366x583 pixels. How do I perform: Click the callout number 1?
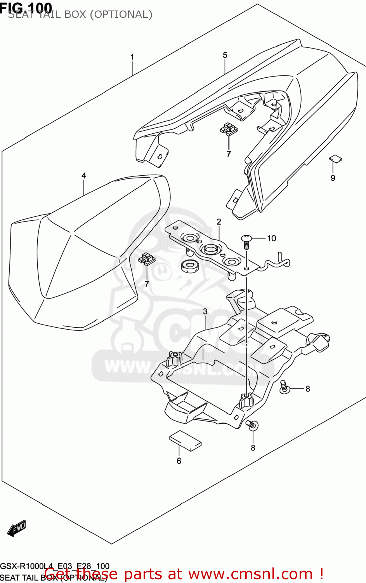pyautogui.click(x=132, y=57)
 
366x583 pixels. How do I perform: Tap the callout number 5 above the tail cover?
pyautogui.click(x=225, y=55)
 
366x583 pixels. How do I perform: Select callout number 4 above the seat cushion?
pyautogui.click(x=84, y=176)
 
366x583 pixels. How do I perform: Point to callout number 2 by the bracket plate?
pyautogui.click(x=219, y=222)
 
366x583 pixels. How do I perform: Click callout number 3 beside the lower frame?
pyautogui.click(x=205, y=311)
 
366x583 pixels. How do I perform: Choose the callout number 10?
pyautogui.click(x=272, y=238)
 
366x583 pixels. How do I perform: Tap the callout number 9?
pyautogui.click(x=333, y=178)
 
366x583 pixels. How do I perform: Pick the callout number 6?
pyautogui.click(x=179, y=461)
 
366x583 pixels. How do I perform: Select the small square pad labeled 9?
pyautogui.click(x=336, y=158)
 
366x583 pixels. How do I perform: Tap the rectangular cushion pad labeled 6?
pyautogui.click(x=186, y=440)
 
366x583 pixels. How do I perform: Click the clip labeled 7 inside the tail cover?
pyautogui.click(x=229, y=129)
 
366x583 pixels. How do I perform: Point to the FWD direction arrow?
pyautogui.click(x=17, y=528)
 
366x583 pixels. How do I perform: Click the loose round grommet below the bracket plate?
pyautogui.click(x=190, y=265)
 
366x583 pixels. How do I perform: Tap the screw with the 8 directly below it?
pyautogui.click(x=252, y=425)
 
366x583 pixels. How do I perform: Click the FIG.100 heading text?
pyautogui.click(x=26, y=7)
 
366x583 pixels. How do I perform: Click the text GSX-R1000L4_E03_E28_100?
pyautogui.click(x=55, y=566)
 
